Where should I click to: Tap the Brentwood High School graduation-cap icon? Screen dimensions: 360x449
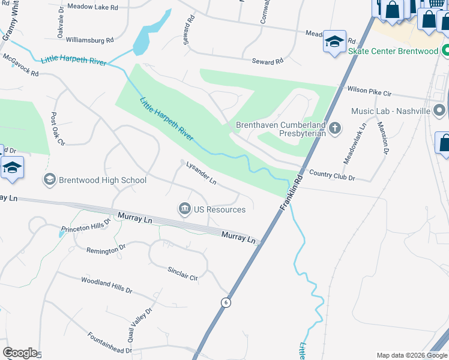pos(50,179)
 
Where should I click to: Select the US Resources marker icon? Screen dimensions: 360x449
pos(184,209)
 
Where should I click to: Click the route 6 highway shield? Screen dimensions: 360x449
pos(226,302)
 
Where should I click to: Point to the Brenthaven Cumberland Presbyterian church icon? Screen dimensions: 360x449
pos(335,127)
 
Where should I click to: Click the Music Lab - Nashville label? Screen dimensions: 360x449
pos(391,111)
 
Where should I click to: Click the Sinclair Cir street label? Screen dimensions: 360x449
pos(182,274)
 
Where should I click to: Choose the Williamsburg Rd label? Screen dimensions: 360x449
pos(89,40)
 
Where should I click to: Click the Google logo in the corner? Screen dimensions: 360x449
pos(20,353)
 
